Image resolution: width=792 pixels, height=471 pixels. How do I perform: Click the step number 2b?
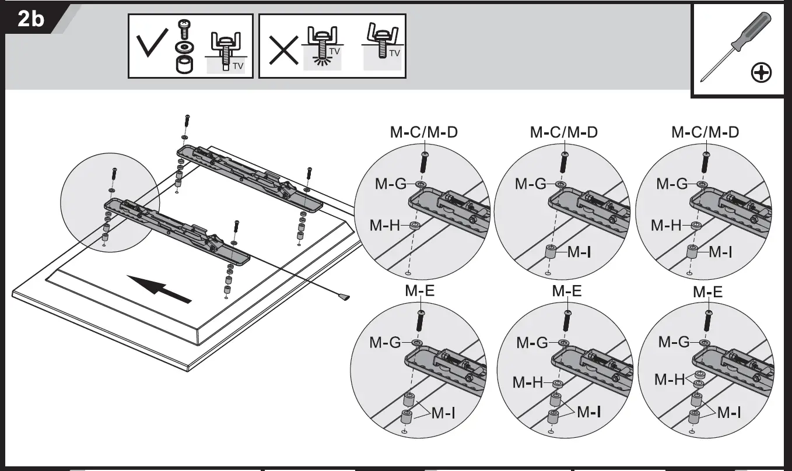31,20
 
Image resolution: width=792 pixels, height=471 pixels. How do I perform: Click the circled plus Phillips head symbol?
761,73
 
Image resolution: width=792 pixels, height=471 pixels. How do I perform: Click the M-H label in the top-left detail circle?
385,225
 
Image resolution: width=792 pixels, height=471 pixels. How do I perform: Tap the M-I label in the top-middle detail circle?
580,252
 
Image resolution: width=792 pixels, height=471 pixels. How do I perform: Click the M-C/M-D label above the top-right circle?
705,132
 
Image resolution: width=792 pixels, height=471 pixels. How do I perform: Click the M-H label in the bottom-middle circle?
528,383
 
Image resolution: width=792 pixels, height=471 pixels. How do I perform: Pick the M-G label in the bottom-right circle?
674,343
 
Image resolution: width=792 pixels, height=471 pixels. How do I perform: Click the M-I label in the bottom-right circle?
729,413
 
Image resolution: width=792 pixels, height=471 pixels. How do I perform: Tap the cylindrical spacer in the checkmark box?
184,65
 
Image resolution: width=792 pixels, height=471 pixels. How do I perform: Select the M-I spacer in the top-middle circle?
549,253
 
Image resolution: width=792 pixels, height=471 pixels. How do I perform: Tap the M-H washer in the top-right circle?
696,226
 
